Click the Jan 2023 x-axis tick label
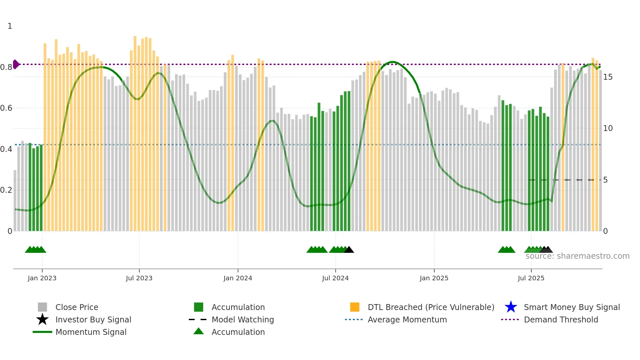[42, 278]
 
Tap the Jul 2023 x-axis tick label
[139, 278]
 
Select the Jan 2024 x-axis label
[238, 278]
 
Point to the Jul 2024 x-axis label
[335, 278]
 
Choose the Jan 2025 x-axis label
[434, 278]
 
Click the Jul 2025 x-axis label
[531, 278]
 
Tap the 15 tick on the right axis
[608, 77]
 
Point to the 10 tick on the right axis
[608, 128]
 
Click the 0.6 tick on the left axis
[6, 108]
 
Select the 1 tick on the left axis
[10, 26]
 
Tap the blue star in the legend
[511, 307]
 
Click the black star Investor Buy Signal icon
[42, 319]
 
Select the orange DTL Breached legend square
[355, 307]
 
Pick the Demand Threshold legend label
[561, 319]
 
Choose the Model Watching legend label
[243, 319]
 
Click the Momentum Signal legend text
[91, 332]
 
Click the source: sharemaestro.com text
[577, 256]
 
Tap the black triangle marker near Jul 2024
[349, 250]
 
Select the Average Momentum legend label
[407, 319]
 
